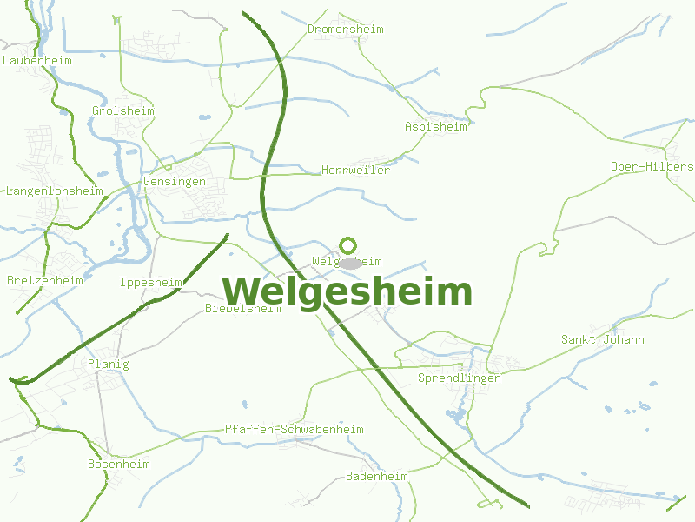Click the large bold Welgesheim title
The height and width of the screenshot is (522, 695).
(347, 291)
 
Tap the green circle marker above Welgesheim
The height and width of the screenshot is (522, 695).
(347, 245)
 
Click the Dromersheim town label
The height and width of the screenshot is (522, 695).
(345, 30)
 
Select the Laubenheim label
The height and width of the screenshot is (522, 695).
(37, 61)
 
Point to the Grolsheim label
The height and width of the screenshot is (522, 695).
(122, 111)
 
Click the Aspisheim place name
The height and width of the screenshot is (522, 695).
(435, 126)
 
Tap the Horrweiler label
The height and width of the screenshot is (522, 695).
(355, 170)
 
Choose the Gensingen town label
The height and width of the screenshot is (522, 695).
(174, 182)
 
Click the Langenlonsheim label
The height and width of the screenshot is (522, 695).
(54, 191)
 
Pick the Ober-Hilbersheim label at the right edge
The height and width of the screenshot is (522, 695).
(652, 166)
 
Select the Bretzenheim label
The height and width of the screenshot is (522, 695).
(44, 281)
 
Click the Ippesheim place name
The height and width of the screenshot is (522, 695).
(150, 283)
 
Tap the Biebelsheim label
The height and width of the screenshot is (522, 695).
(242, 309)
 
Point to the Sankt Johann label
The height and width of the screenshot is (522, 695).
(602, 339)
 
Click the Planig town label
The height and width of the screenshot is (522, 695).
(108, 365)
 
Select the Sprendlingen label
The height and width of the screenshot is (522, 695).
(459, 378)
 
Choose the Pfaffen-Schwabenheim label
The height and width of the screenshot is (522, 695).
(294, 430)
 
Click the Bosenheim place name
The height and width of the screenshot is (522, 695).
(118, 465)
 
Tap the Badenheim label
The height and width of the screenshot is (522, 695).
(376, 477)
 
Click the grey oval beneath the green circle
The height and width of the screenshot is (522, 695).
(349, 263)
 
